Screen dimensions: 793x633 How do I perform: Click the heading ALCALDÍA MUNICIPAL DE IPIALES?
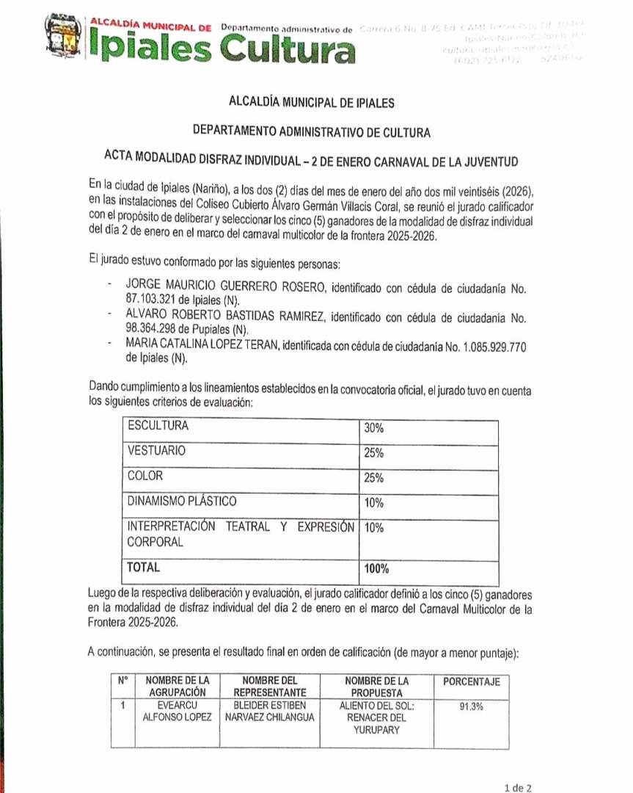pyautogui.click(x=312, y=103)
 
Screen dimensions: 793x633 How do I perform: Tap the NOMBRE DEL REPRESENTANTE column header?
pyautogui.click(x=269, y=687)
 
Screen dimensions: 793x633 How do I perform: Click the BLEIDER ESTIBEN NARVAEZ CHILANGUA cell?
pyautogui.click(x=269, y=711)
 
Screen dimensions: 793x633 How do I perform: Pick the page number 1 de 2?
pyautogui.click(x=519, y=787)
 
